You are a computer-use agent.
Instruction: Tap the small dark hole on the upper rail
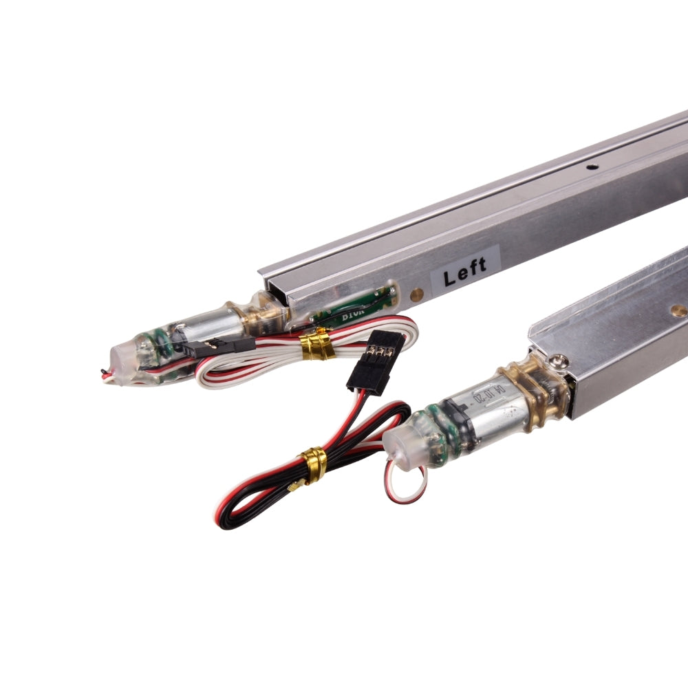click(590, 166)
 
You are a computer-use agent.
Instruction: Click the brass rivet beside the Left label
click(416, 294)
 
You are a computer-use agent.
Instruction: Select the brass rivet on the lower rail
click(678, 310)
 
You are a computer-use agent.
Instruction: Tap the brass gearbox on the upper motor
click(266, 314)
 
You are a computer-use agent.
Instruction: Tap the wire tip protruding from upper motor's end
click(105, 374)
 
